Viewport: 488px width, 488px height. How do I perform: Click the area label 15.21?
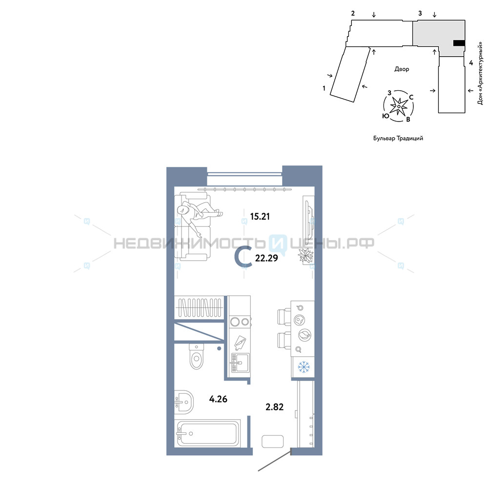coord(260,216)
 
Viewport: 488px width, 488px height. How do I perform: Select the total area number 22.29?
coord(266,258)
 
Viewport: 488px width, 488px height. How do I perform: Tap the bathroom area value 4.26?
coord(218,399)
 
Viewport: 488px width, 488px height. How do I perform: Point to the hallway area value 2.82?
coord(274,407)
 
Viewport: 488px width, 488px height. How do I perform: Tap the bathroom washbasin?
coord(183,402)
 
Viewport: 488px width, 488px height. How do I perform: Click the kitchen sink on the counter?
coord(240,363)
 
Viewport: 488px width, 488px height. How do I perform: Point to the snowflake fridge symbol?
coord(304,367)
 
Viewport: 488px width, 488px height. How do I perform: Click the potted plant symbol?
coord(305,256)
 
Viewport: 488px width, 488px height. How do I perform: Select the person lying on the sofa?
coord(198,216)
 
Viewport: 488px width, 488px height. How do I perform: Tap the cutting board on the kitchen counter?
coord(240,343)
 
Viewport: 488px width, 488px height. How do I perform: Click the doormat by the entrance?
coord(273,441)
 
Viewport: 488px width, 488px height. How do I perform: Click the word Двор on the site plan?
coord(402,69)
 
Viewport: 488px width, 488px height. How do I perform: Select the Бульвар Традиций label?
coord(398,138)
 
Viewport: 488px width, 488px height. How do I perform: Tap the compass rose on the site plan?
coord(399,106)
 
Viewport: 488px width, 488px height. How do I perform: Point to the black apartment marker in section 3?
coord(459,43)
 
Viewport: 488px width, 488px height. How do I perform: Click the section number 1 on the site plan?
coord(324,88)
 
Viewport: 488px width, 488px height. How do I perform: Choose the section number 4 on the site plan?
coord(471,63)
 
